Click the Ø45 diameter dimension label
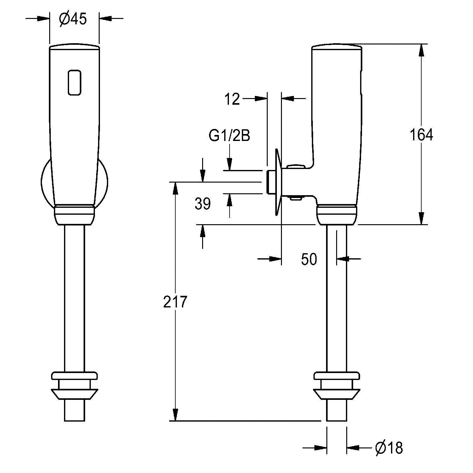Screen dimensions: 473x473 click(73, 19)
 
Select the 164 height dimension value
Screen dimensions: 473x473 click(421, 135)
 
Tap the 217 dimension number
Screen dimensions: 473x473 click(175, 302)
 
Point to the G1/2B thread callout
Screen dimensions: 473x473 click(229, 136)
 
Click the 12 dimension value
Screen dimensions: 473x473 click(232, 99)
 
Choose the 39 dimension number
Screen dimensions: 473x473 click(202, 204)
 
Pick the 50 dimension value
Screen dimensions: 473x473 click(309, 259)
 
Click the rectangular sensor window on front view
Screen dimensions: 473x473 click(75, 82)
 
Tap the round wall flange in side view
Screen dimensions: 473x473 click(278, 182)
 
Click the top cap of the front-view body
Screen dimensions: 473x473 click(74, 46)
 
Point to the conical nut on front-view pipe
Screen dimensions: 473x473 click(74, 394)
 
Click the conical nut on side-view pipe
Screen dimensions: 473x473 click(336, 394)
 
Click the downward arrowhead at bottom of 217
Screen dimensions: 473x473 click(175, 415)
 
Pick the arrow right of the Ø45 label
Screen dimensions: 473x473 click(106, 19)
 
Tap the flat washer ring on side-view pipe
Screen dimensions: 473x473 click(336, 376)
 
